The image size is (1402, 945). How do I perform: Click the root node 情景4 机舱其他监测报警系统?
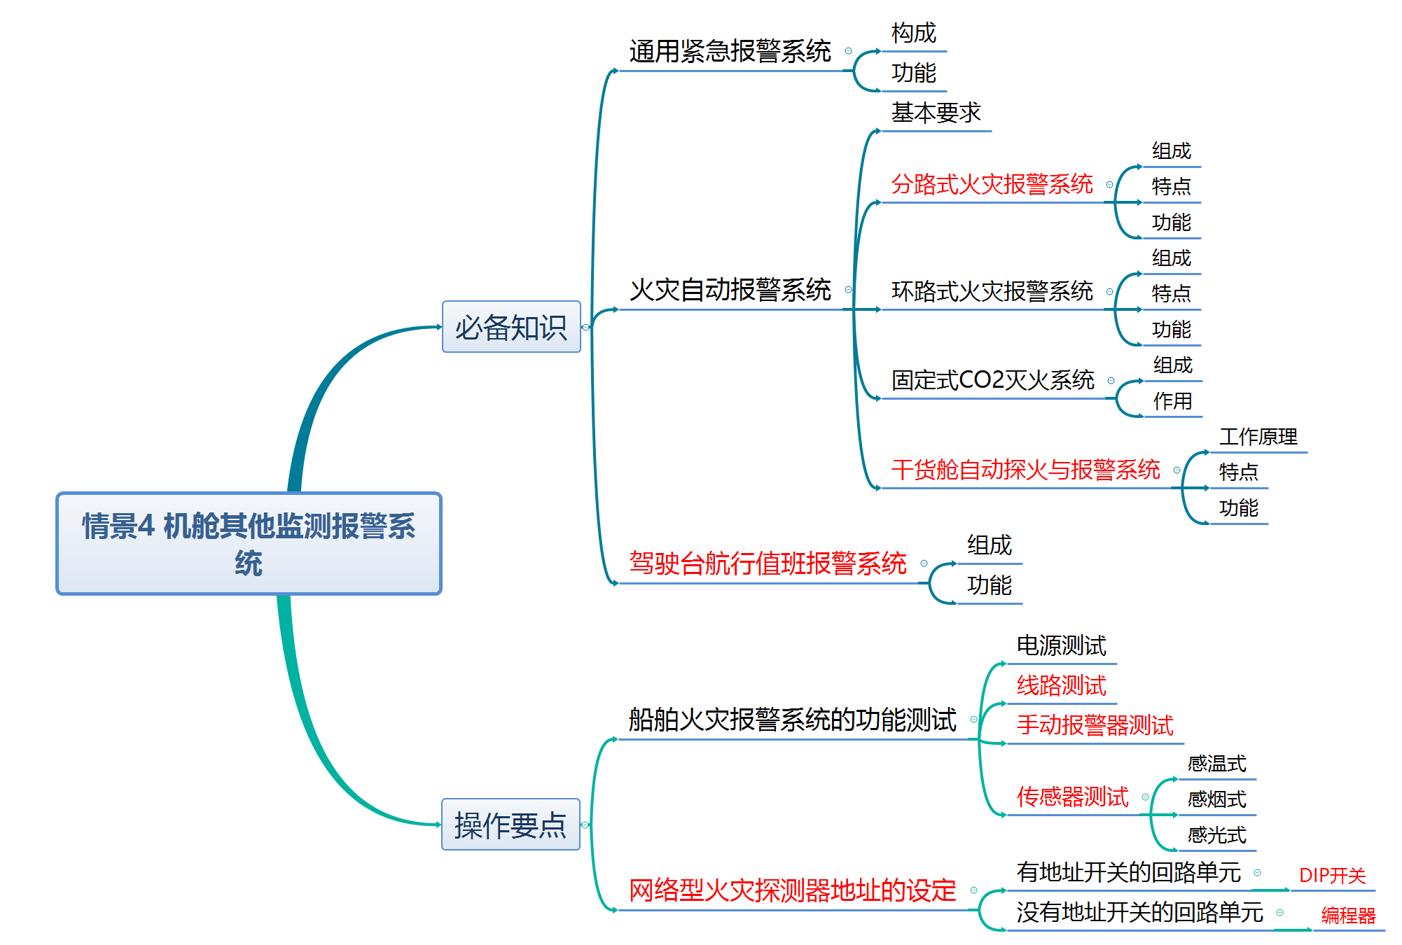[x=249, y=544]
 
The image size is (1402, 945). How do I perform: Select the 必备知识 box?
[x=511, y=327]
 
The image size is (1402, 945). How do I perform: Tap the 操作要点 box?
[x=511, y=825]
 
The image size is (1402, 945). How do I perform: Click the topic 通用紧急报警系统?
[x=730, y=52]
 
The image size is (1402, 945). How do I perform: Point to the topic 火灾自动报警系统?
[x=730, y=290]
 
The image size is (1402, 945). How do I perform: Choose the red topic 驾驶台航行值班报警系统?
[x=768, y=563]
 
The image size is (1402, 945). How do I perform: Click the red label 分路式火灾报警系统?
[x=992, y=184]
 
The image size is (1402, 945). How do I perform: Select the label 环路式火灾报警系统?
[x=992, y=291]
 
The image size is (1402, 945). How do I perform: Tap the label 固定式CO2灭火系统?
[x=992, y=380]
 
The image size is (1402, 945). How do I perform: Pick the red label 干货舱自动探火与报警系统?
[x=1025, y=470]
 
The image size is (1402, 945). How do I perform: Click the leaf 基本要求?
[x=936, y=113]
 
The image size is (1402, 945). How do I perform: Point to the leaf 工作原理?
[x=1258, y=437]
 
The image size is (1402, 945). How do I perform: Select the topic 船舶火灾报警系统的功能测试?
[x=792, y=720]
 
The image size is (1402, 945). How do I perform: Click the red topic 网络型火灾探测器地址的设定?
[x=792, y=890]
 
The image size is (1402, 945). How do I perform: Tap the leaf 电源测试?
[x=1061, y=645]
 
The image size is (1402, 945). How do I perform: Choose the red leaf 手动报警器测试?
[x=1095, y=725]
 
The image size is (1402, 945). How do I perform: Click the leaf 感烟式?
[x=1216, y=799]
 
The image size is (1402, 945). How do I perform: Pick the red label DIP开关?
[x=1332, y=876]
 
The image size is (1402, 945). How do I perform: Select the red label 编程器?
[x=1348, y=916]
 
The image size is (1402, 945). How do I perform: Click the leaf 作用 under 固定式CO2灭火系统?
[x=1172, y=401]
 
